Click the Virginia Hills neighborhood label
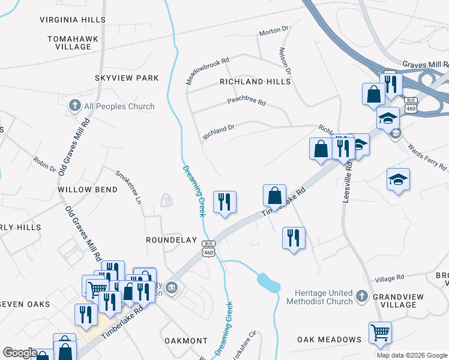[x=73, y=20]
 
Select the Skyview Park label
[x=127, y=78]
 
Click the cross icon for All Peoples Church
[x=75, y=106]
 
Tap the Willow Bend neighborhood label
[x=88, y=189]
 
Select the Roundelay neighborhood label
[x=172, y=240]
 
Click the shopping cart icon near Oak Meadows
[x=380, y=332]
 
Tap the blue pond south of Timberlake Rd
[x=268, y=282]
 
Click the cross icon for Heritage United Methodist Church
[x=361, y=296]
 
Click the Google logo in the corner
[x=20, y=353]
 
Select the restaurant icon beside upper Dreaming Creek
[x=225, y=202]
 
